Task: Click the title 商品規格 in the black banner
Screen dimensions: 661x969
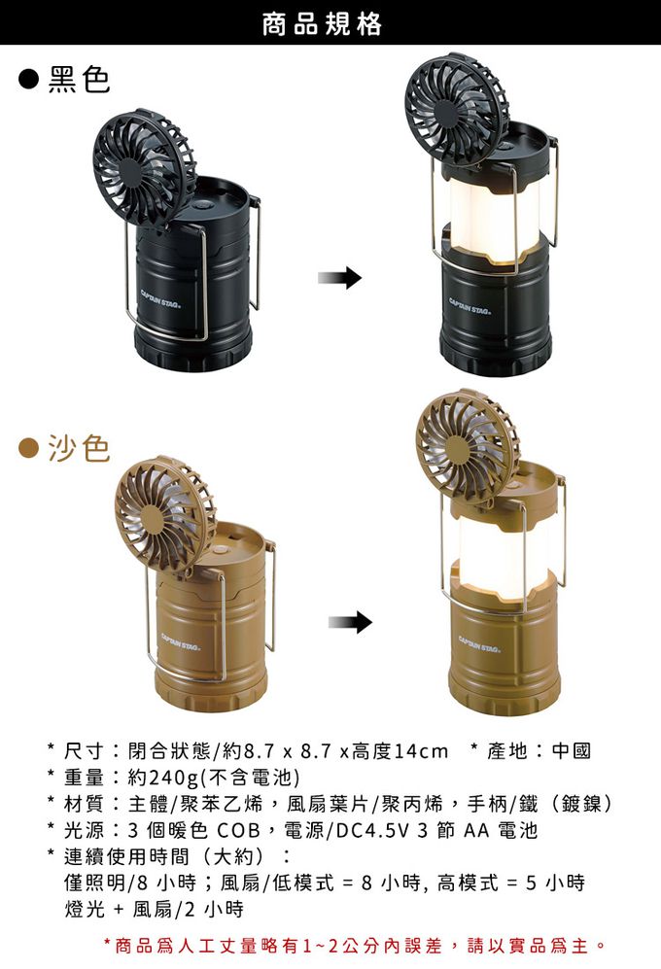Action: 322,24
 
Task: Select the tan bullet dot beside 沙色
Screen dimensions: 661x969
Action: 28,449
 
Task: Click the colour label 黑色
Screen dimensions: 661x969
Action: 79,79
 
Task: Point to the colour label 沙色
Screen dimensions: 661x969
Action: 79,448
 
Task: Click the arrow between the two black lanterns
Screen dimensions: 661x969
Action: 339,278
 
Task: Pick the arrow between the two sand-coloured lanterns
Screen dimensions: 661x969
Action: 350,622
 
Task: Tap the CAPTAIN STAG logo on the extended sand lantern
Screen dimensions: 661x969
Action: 478,644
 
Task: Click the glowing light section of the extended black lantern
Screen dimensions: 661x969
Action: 492,213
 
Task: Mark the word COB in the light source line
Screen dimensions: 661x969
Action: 239,830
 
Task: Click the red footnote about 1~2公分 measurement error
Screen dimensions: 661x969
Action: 355,945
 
